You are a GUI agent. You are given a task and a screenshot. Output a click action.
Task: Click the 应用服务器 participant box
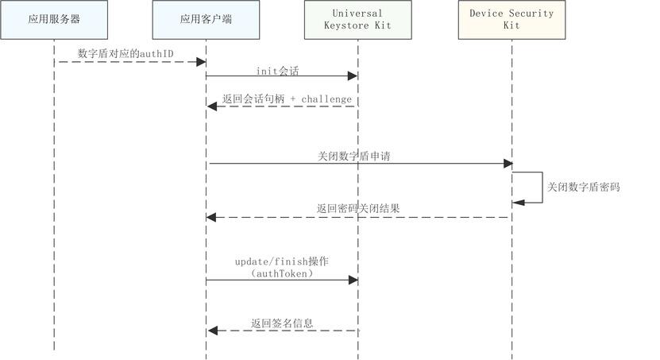coord(54,20)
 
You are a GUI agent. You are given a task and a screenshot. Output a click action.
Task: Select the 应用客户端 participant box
coord(206,20)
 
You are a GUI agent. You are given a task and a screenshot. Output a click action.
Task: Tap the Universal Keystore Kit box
coord(357,20)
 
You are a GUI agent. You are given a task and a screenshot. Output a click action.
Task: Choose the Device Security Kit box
coord(511,20)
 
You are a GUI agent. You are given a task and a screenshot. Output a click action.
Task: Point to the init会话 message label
coord(277,70)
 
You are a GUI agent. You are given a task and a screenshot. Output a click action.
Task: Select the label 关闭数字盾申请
coord(353,157)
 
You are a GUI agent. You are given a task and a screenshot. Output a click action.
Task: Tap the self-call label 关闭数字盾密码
coord(583,188)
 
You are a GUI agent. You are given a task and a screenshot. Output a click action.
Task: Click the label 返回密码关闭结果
coord(358,208)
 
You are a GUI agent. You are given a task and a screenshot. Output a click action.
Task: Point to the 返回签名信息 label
coord(282,323)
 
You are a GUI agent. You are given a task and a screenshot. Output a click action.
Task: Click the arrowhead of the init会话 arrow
coord(353,76)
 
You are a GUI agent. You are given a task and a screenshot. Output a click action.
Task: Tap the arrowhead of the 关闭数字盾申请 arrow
coord(508,164)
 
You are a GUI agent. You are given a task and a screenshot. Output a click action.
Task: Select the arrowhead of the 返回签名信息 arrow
coord(212,331)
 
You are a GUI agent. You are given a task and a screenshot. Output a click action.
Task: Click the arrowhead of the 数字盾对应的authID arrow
coord(201,61)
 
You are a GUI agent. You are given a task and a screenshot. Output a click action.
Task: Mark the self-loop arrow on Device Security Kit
coord(542,188)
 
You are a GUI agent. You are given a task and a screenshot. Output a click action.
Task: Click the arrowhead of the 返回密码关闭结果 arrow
coord(212,216)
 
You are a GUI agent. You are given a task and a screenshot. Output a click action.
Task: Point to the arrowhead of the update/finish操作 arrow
coord(353,280)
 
